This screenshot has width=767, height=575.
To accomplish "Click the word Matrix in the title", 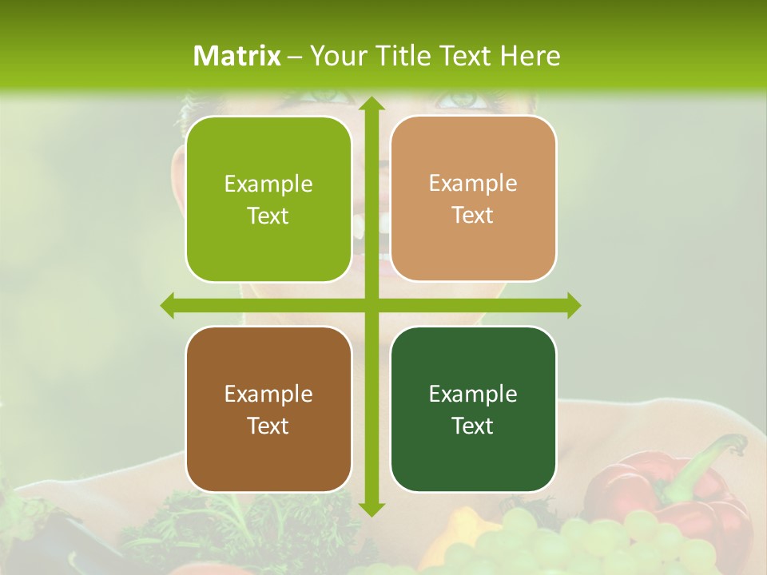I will point(237,56).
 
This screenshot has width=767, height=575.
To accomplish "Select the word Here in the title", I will point(530,56).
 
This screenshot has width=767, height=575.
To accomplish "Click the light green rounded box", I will point(268,200).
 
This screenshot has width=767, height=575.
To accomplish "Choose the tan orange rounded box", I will point(473,199).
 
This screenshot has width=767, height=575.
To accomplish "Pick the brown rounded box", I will point(268,409).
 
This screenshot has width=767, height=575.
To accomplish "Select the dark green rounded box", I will point(473,409).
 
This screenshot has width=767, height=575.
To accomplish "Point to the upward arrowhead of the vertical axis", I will point(371,105).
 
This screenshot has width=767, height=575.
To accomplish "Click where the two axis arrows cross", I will point(371,305).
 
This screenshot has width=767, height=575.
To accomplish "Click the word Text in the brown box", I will point(268,426).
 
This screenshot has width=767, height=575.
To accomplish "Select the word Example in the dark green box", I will point(473,394).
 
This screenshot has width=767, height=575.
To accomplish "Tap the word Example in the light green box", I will point(268,184).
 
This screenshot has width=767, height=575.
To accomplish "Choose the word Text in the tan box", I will point(473,216).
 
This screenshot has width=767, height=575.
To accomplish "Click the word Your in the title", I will point(336,56).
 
